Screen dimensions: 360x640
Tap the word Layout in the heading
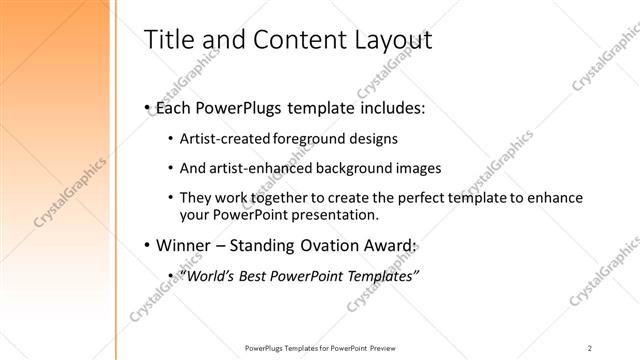point(389,40)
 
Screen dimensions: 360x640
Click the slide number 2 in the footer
point(589,348)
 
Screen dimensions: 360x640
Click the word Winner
point(184,246)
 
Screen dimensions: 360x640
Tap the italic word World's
point(208,276)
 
